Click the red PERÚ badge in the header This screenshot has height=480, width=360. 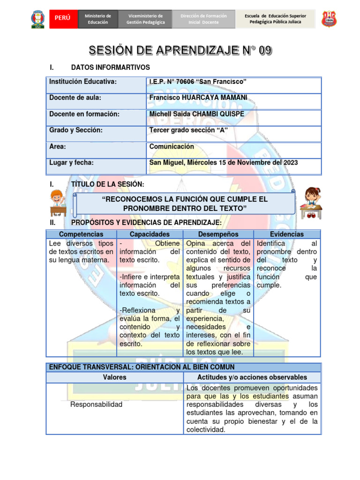[x=62, y=18]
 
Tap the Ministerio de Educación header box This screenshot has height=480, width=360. [x=97, y=19]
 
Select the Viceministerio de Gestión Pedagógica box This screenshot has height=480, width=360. [x=145, y=19]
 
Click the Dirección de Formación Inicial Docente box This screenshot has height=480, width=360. [x=203, y=19]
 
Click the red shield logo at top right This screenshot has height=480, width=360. [x=329, y=19]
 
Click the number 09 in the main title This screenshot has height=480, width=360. [x=262, y=51]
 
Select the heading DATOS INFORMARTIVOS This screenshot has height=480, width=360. [x=110, y=67]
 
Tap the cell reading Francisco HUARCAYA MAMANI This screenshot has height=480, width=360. [x=198, y=97]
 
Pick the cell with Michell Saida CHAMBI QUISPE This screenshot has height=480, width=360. [x=196, y=114]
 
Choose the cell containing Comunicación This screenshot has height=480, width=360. [x=172, y=146]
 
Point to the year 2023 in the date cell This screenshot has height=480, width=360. [x=290, y=163]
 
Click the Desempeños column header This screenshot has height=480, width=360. [x=218, y=234]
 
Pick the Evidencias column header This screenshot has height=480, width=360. [x=287, y=234]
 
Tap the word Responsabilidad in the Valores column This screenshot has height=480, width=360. [x=96, y=404]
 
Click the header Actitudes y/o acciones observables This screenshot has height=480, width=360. [x=252, y=377]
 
